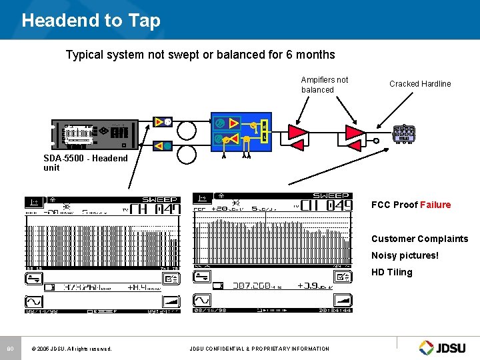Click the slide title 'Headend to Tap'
point(91,21)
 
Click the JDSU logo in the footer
point(444,347)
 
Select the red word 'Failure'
point(435,205)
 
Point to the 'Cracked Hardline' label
point(420,84)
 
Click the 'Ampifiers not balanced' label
point(324,85)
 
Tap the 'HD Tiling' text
point(391,272)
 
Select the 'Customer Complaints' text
point(419,239)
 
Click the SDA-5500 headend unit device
point(95,134)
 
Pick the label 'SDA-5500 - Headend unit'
point(85,163)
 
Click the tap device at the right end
point(404,134)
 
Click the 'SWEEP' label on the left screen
point(160,199)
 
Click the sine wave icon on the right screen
point(201,300)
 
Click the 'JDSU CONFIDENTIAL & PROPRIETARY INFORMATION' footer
point(259,348)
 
